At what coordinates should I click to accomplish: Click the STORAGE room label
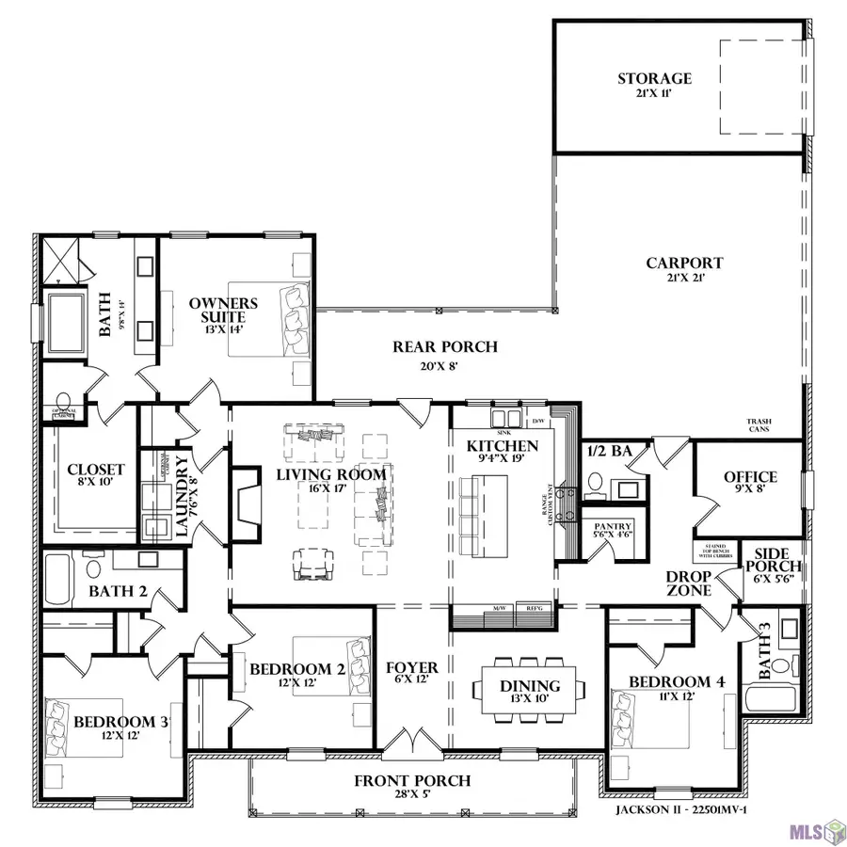pos(654,79)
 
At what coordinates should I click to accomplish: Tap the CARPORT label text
pos(684,264)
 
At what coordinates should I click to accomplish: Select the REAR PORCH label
pos(444,347)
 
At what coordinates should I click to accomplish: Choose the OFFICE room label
pos(749,477)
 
